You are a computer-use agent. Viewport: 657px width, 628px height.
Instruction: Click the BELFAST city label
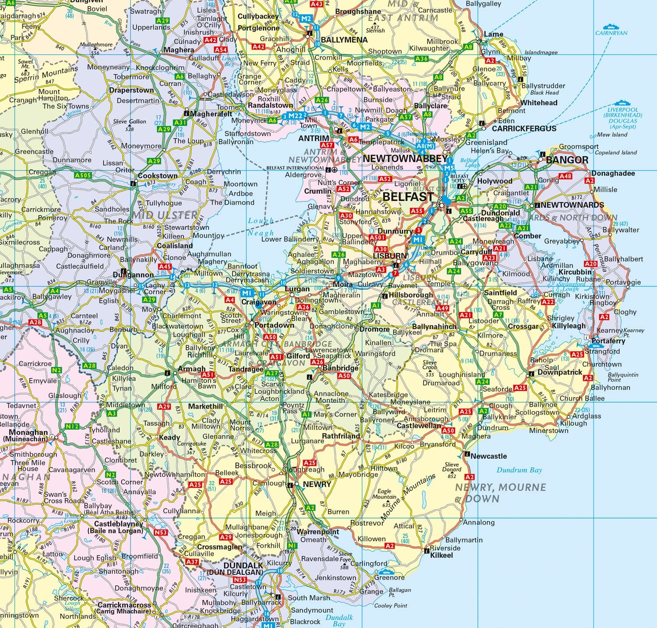coord(408,197)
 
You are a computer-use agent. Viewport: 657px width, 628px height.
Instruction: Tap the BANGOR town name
coord(567,160)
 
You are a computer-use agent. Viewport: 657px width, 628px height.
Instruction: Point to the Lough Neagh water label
coord(261,227)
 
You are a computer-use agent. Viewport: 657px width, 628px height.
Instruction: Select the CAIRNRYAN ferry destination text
coord(611,33)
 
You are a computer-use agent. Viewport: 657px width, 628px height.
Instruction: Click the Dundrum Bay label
coord(519,470)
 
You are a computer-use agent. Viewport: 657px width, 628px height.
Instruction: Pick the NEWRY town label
coord(317,484)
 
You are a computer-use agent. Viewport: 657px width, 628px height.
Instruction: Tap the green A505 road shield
coord(83,175)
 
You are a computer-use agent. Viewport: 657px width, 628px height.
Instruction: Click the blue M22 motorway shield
coord(296,116)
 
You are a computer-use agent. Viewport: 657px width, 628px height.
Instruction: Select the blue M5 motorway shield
coord(449,168)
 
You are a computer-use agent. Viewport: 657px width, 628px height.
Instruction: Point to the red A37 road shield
coord(192,561)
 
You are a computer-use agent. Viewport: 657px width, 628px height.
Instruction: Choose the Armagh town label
coord(191,369)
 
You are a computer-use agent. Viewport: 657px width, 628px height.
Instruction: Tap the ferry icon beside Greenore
coord(385,571)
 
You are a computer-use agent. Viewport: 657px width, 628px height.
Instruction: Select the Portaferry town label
coord(608,341)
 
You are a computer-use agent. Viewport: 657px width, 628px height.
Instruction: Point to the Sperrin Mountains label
coord(46,74)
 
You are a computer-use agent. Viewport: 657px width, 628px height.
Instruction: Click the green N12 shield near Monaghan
coord(72,426)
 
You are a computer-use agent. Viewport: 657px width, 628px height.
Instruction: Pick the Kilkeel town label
coord(441,555)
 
